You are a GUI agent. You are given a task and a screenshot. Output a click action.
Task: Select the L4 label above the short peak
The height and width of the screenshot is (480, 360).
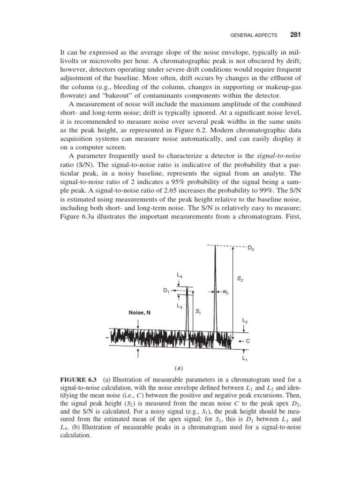[180, 275]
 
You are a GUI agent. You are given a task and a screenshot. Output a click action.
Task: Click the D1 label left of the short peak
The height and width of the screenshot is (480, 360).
[166, 291]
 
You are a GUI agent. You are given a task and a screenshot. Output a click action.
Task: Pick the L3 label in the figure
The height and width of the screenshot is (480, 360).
[180, 306]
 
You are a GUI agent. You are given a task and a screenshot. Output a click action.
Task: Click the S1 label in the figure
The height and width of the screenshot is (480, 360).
[198, 312]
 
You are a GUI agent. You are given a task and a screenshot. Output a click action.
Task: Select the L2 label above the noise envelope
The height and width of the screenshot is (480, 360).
[245, 321]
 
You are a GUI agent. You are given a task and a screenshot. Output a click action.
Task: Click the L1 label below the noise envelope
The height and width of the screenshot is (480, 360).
[245, 359]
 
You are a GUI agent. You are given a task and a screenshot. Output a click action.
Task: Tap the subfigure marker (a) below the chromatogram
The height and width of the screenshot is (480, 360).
[180, 368]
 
